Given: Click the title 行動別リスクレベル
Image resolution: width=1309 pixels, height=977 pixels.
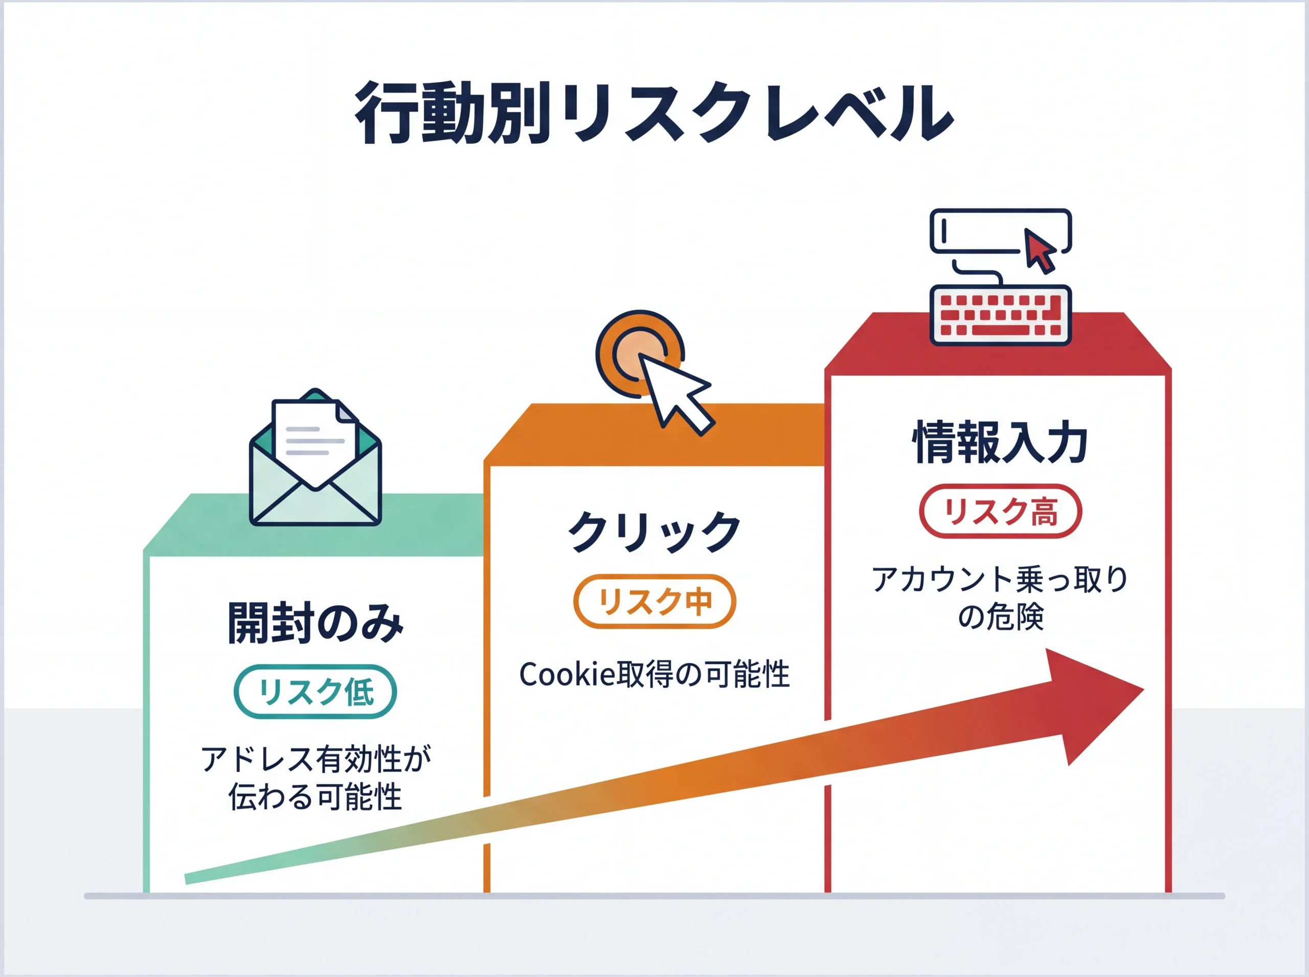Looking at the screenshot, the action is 654,112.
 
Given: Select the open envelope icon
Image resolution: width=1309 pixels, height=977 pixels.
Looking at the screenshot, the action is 315,457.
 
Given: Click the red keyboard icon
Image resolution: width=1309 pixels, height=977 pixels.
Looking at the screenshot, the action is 1000,315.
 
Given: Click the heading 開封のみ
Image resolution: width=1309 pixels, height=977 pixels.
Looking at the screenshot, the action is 315,623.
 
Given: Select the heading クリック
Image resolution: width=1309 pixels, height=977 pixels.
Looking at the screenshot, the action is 654,532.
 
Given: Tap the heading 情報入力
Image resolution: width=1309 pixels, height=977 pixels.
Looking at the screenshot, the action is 1000,442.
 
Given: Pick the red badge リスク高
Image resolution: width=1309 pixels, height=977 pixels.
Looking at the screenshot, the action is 1000,511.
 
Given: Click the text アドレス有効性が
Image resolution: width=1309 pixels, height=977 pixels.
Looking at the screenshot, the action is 316,759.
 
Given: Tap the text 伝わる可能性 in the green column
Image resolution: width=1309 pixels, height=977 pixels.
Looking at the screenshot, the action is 315,797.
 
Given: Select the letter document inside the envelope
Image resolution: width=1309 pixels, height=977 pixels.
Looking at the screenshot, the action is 316,441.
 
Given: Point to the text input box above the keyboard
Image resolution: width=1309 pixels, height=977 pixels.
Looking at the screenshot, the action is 1000,231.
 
